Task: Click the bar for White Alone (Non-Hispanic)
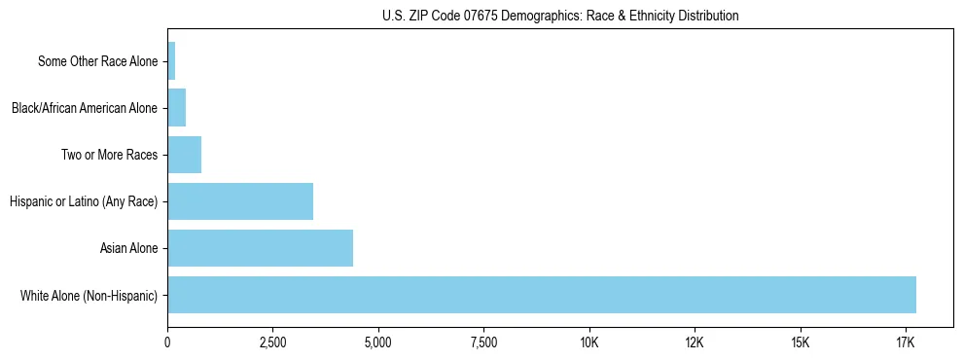[542, 295]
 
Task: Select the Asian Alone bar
[261, 248]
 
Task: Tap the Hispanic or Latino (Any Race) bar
[240, 201]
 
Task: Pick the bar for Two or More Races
[185, 155]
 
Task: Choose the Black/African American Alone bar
[177, 108]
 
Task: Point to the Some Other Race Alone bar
[171, 61]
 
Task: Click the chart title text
[560, 16]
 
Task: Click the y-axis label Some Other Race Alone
[97, 61]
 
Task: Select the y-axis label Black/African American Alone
[84, 108]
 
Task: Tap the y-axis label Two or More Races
[109, 155]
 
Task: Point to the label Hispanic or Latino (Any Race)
[83, 201]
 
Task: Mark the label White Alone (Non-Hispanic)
[89, 295]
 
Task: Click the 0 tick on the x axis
[167, 343]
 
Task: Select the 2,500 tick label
[272, 343]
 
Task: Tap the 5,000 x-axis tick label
[378, 343]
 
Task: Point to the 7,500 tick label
[483, 343]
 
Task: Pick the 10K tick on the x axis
[589, 343]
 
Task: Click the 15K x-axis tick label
[801, 343]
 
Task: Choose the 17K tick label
[906, 343]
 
